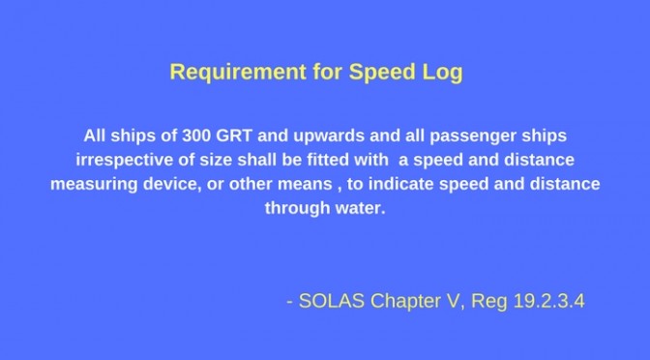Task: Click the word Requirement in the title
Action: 238,72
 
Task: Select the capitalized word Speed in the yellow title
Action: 382,73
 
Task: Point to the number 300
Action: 196,135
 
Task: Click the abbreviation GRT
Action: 234,135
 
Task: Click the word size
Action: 216,160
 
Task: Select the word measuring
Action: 94,185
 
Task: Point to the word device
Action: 170,184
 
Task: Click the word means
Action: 305,185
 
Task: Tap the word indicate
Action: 401,184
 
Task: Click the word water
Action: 360,208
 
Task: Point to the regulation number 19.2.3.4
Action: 548,301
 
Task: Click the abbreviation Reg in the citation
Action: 489,302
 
